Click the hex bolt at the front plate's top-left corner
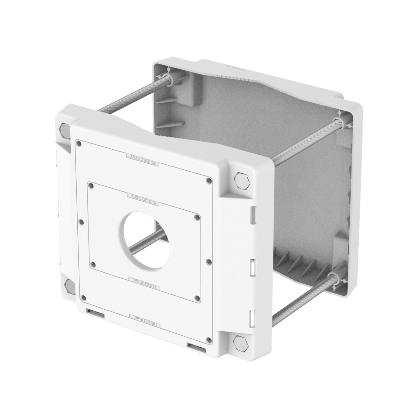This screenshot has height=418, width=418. click(65, 130)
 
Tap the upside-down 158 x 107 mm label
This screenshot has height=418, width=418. click(144, 281)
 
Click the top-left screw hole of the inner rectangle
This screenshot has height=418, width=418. click(92, 186)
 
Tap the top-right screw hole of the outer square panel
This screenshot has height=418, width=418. click(209, 180)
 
